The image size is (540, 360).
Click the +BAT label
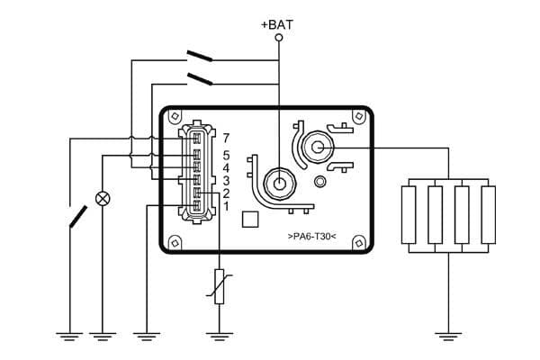coord(277,24)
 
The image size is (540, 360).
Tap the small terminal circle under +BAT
coord(278,39)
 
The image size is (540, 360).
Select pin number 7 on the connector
coord(226,138)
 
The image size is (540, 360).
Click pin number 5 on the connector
coord(226,155)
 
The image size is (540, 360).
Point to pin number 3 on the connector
coord(226,180)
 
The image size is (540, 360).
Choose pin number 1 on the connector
coord(226,206)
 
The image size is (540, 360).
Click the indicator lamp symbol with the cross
coord(103,197)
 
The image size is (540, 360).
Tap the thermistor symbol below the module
coord(219,286)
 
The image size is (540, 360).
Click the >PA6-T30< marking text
coord(311,236)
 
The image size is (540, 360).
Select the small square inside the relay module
coord(252,218)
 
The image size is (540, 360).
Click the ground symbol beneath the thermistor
coord(219,337)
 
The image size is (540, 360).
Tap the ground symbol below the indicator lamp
coord(103,337)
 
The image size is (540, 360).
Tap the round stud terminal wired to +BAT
coord(279,184)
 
